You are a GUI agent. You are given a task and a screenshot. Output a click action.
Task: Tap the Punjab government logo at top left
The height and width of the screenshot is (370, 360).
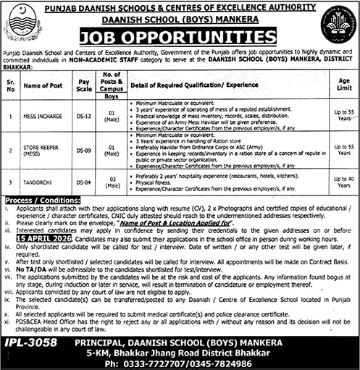[x=22, y=25]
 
